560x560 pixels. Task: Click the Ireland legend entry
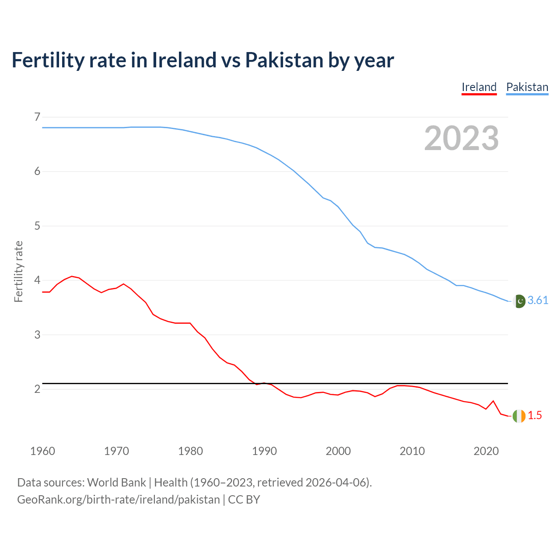479,87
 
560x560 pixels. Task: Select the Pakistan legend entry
527,87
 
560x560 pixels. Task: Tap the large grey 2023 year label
461,138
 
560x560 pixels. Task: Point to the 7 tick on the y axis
37,117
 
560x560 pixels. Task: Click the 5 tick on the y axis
37,226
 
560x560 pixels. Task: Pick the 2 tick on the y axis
37,389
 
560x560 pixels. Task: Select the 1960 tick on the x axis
42,451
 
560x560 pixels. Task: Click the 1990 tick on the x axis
264,451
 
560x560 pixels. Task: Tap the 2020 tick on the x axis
486,451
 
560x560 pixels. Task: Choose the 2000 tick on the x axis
338,451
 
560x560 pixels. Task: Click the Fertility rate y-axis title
18,271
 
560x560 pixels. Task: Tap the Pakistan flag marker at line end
519,301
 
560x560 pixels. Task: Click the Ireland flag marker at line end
519,416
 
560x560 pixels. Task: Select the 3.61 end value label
538,301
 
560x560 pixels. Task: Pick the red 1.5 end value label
535,416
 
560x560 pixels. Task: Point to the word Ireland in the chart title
184,60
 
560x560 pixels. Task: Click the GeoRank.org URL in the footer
118,500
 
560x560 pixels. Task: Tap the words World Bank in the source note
116,483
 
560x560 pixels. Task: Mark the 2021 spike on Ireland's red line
493,401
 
